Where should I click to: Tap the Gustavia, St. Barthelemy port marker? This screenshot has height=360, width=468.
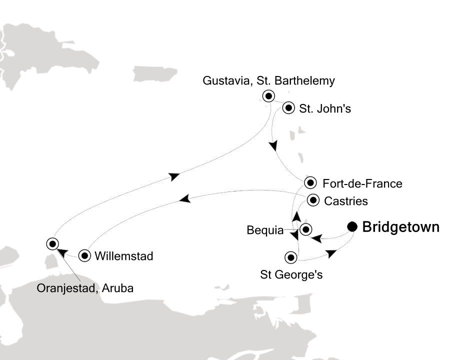tap(269, 96)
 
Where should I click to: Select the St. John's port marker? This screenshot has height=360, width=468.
tap(288, 107)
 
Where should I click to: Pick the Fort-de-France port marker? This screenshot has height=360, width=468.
tap(311, 182)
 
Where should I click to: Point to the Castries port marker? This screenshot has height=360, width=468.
tap(313, 200)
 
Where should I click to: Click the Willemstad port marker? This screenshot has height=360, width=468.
tap(85, 256)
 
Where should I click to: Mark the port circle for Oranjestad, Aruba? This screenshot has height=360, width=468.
tap(52, 243)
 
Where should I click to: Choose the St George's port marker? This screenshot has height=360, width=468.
tap(290, 258)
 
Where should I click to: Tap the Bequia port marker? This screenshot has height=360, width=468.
tap(305, 229)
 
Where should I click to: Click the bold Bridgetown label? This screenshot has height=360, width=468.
tap(400, 227)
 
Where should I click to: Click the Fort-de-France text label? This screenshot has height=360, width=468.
tap(362, 183)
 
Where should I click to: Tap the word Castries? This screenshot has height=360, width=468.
tap(346, 201)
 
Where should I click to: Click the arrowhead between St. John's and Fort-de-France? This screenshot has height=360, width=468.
tap(272, 146)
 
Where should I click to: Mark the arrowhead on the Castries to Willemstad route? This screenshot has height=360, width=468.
tap(184, 199)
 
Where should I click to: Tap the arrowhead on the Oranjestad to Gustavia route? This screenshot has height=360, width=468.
tap(173, 176)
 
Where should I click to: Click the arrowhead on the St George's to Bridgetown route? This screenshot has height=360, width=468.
tap(331, 254)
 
